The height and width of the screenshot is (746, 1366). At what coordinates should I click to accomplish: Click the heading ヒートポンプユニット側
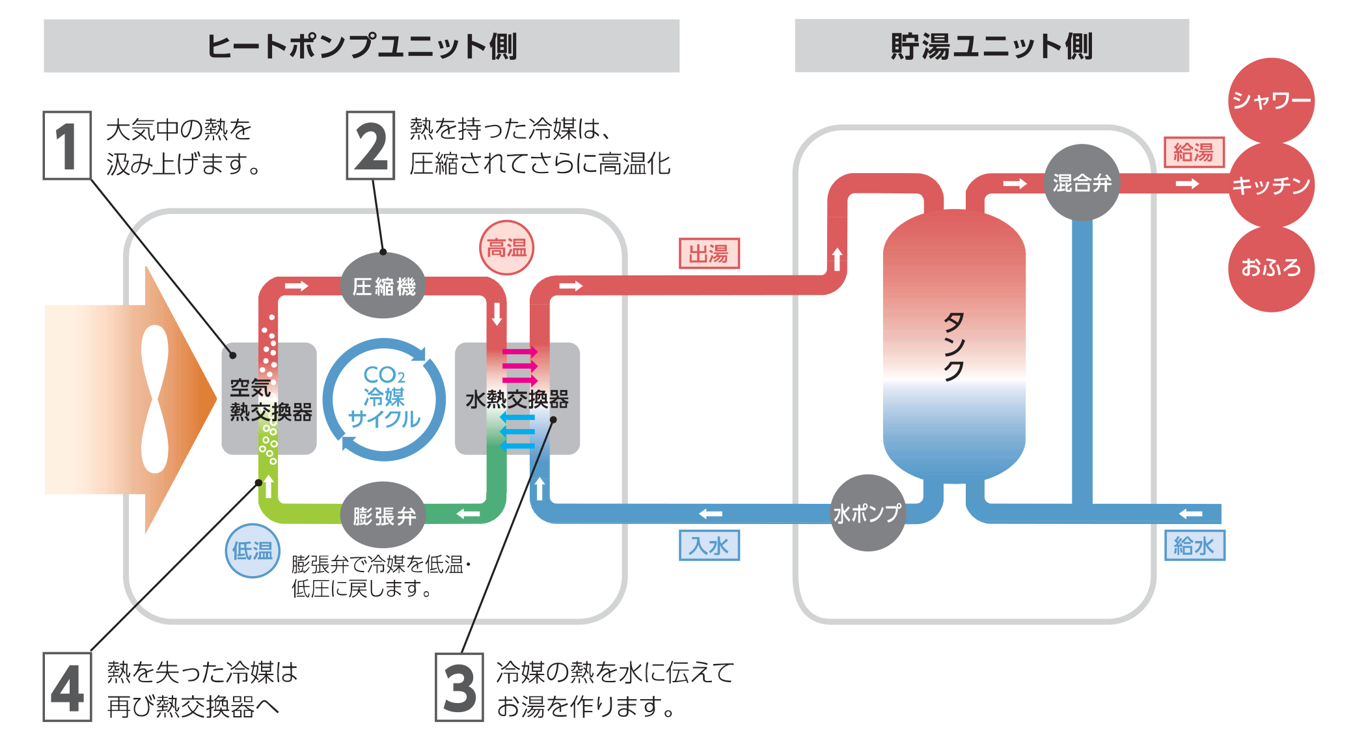coord(362,47)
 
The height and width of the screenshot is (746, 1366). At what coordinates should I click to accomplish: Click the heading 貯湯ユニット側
coord(991,47)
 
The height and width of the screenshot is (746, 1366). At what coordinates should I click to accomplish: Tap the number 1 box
coord(67,146)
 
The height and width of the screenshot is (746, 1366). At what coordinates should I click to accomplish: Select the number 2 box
coord(371,146)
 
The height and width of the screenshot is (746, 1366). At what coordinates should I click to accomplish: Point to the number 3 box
coord(459,687)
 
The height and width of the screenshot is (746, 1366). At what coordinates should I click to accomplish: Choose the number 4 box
coord(67,687)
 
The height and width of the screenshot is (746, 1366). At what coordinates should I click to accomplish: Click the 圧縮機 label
coord(384,286)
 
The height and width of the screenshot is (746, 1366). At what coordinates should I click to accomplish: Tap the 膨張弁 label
coord(384,516)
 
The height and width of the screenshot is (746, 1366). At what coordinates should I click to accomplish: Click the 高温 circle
coord(506,248)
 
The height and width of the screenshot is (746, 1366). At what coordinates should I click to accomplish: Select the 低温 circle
coord(253,551)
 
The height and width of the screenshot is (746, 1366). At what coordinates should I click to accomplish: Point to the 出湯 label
coord(709,253)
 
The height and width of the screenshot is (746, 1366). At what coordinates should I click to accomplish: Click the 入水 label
coord(709,546)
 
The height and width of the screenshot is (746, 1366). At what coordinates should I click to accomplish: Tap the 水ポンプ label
coord(867,514)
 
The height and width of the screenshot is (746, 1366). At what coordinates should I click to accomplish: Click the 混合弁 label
coord(1082,184)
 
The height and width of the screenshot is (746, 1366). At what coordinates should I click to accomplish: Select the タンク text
coord(953,346)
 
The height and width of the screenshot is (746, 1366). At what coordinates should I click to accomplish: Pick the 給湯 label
coord(1194,152)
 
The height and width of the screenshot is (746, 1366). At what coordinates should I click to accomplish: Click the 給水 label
coord(1194,546)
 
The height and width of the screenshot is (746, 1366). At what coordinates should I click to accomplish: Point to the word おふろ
coord(1270,268)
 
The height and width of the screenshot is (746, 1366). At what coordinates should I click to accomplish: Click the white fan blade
coord(155,398)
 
